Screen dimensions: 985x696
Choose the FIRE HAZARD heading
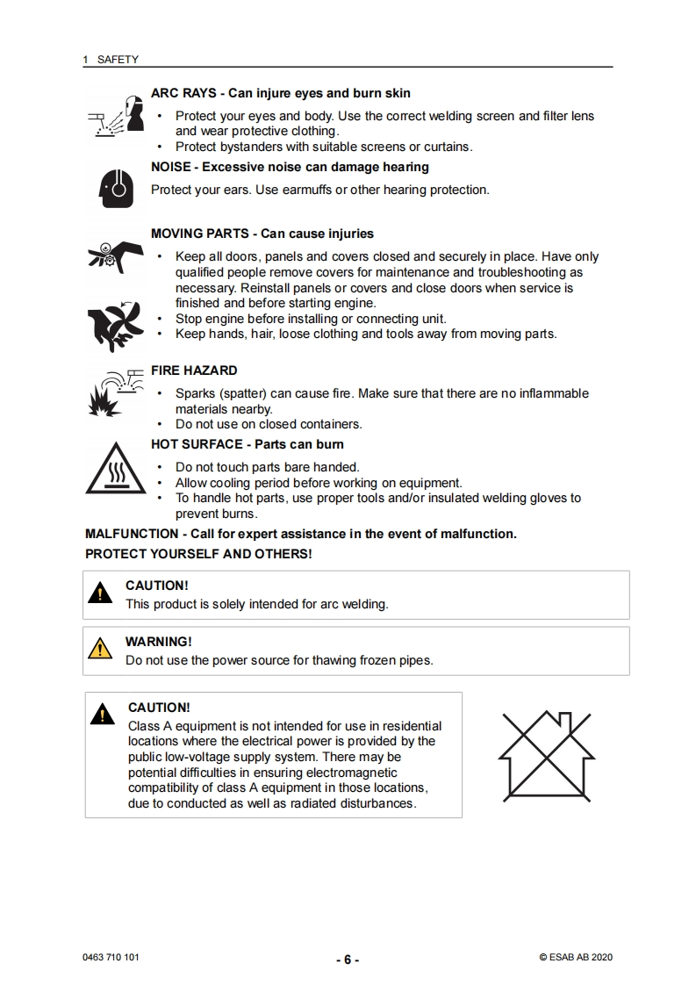194,370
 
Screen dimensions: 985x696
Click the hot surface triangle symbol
115,468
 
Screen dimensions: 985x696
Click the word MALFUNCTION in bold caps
129,534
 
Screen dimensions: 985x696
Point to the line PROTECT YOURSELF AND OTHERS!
198,554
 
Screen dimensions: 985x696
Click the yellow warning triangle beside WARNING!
102,650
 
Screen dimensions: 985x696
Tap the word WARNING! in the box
159,642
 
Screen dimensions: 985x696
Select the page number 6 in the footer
348,960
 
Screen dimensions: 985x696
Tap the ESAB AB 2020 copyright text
576,958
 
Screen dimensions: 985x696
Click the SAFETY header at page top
118,60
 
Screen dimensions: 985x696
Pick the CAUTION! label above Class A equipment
159,708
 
